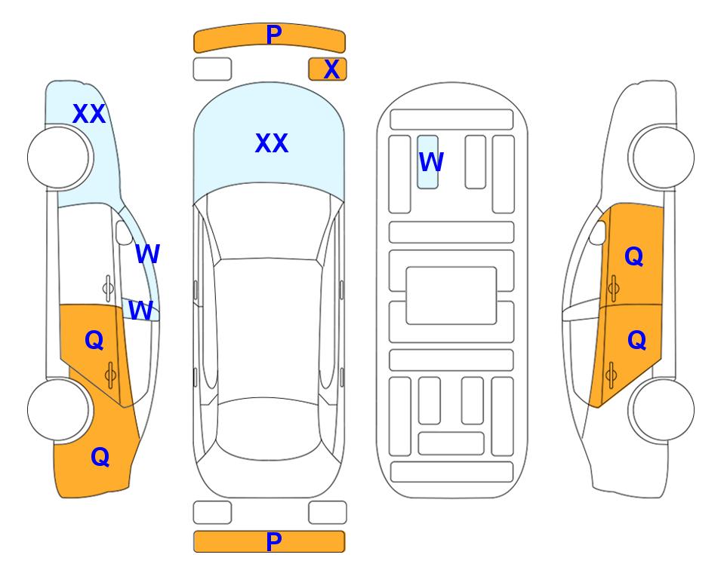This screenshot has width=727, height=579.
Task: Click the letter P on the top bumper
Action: coord(273,34)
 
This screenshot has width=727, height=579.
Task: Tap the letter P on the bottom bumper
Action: coord(273,541)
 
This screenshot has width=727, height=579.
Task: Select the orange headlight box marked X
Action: coord(328,69)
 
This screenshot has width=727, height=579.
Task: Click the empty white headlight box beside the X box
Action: coord(212,69)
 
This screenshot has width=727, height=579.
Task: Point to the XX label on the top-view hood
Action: coord(272,143)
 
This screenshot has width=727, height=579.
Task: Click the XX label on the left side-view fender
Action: coord(89,114)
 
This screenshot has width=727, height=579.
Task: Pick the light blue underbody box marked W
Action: coord(427,162)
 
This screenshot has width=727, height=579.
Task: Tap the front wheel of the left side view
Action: coord(58,158)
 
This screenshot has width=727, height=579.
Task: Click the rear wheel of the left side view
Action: coord(58,409)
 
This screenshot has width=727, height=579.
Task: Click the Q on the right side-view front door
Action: coord(634,256)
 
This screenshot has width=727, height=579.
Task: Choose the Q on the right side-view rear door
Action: coord(636,341)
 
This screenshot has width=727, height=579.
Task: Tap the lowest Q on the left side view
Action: coord(100,457)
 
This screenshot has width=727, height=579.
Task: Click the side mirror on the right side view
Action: coord(598,232)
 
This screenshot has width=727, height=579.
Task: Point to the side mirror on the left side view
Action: coord(125,232)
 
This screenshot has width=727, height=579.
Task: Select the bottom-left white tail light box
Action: coord(212,513)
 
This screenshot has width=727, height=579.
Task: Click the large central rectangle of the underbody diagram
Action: coord(451,296)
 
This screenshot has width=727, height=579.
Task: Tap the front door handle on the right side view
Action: coord(613,288)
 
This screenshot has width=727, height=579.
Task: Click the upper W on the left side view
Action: coord(147,254)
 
